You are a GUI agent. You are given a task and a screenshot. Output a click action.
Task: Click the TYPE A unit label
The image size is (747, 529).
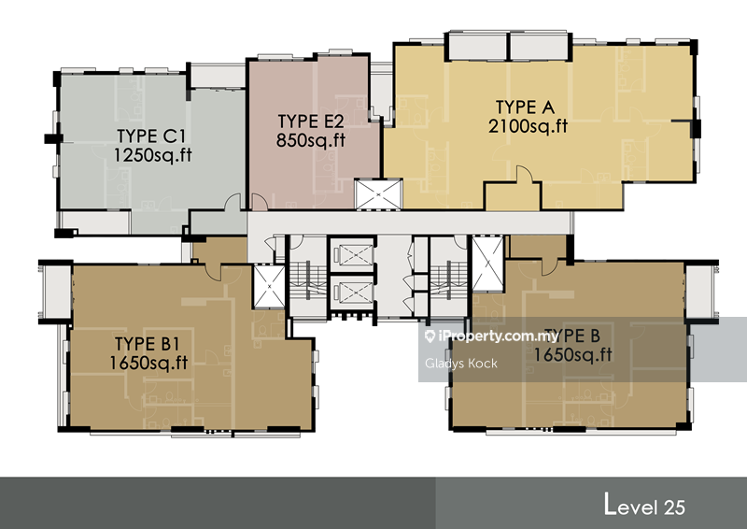[x=525, y=107]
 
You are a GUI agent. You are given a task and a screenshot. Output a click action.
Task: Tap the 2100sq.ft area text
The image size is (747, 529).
[x=528, y=126]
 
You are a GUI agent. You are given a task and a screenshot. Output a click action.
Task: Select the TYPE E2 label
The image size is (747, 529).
[x=311, y=122]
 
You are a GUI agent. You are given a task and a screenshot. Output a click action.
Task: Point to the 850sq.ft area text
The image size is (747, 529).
[x=311, y=140]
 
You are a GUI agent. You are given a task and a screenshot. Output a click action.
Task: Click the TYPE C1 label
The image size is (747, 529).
[x=151, y=136]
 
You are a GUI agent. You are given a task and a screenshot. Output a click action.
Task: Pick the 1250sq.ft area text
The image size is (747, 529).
[x=152, y=155]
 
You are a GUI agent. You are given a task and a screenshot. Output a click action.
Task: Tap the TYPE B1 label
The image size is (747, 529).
[x=148, y=344]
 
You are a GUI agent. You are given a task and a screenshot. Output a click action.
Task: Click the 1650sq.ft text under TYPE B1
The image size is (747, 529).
[x=148, y=363]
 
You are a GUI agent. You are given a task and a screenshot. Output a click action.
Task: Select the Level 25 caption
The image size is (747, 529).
[x=644, y=505]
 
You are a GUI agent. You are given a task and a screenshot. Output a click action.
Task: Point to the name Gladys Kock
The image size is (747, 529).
[x=461, y=364]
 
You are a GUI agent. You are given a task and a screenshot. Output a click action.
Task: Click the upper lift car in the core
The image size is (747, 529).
[x=353, y=254]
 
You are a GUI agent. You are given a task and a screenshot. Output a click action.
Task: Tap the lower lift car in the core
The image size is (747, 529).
[x=353, y=292]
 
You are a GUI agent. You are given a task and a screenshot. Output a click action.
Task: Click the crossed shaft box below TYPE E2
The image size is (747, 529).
[x=379, y=194]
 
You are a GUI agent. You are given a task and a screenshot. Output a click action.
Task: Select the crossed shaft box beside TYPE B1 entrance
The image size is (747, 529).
[x=269, y=286]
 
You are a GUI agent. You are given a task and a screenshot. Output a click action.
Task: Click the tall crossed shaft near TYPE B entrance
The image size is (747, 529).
[x=487, y=263]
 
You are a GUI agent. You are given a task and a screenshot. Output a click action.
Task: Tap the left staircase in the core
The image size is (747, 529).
[x=308, y=280]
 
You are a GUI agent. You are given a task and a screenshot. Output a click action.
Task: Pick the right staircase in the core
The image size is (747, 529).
[x=449, y=280]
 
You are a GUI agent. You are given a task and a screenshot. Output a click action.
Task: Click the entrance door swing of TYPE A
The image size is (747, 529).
[x=524, y=174]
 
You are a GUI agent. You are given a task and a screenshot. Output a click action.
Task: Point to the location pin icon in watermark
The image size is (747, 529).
[x=430, y=336]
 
